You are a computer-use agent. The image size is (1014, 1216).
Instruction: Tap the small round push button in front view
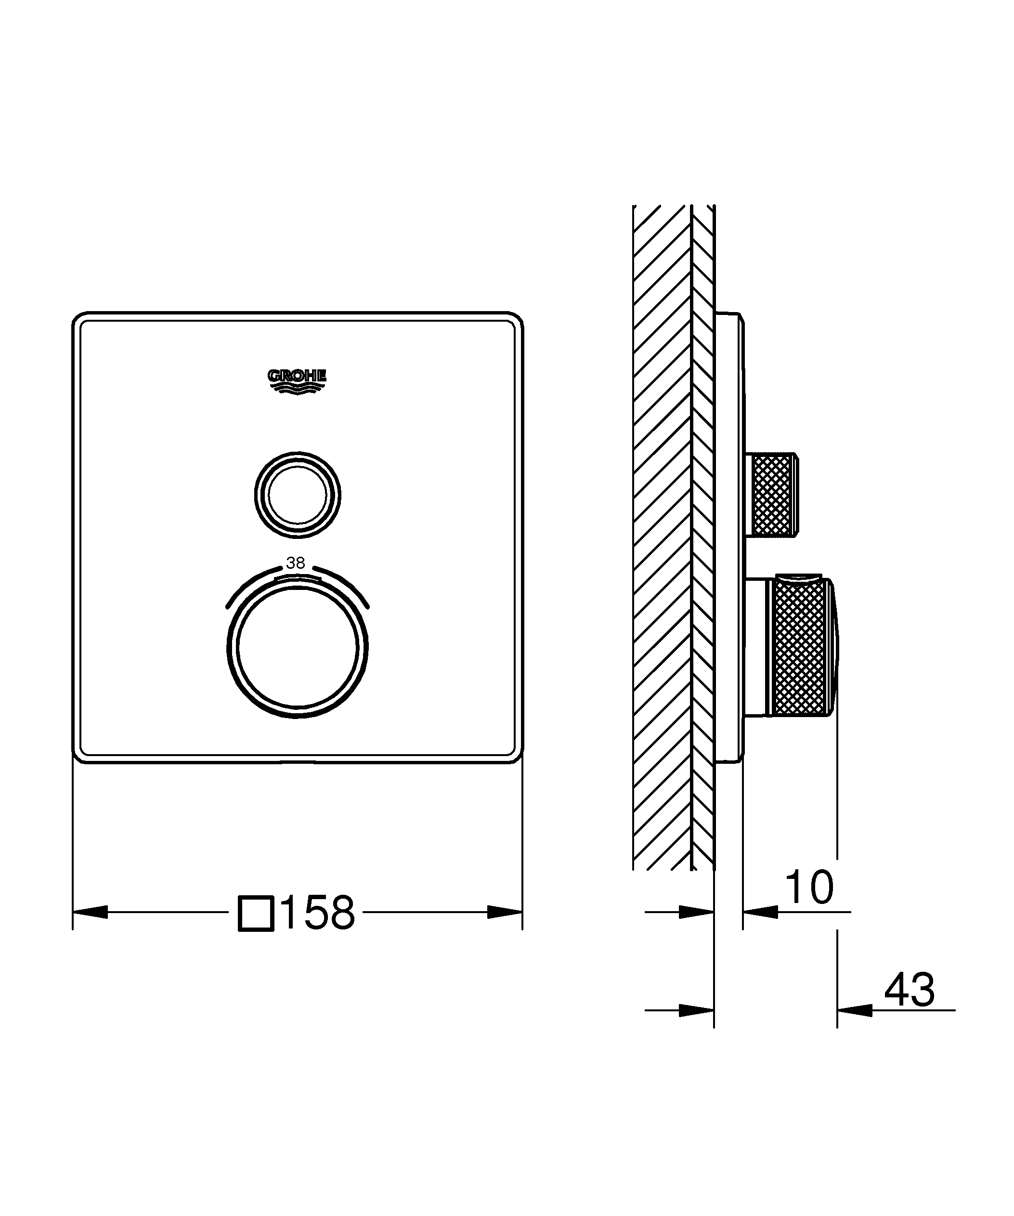298,495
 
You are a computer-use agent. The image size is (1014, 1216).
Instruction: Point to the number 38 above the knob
296,563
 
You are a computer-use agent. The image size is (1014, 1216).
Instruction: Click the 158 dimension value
319,913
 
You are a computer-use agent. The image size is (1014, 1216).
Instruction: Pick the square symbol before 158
256,913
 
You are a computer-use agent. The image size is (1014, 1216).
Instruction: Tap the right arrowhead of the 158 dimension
504,912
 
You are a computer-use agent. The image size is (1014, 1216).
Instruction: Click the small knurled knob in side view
773,495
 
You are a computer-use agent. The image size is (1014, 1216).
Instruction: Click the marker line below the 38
297,578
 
